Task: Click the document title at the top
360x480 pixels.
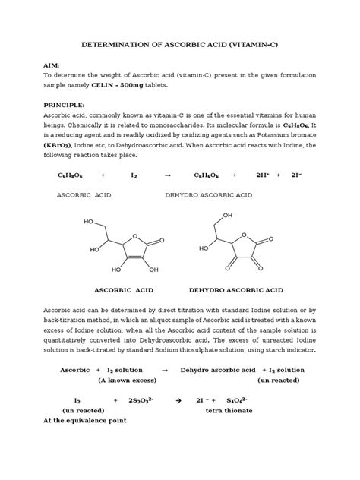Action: [179, 45]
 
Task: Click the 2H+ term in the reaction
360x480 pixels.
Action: [262, 175]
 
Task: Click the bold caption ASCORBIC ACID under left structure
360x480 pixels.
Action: [123, 289]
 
